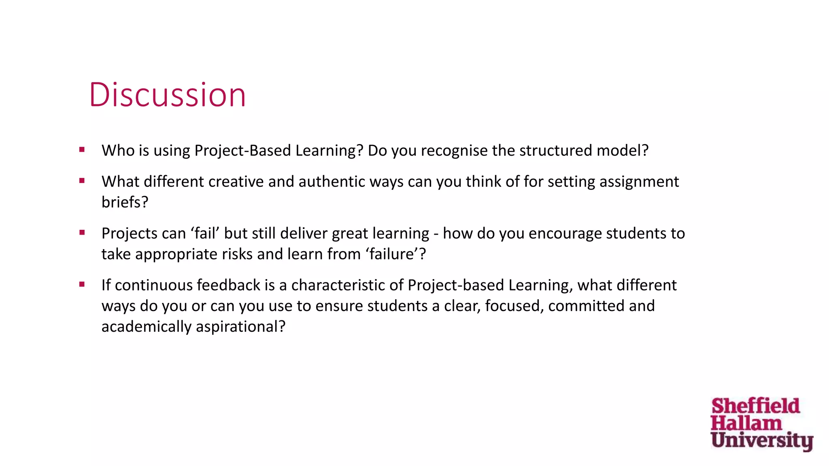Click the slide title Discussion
point(167,95)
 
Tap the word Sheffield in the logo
point(755,406)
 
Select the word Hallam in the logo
point(746,423)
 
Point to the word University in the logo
point(762,440)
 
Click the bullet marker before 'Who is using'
point(82,150)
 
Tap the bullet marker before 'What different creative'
point(82,181)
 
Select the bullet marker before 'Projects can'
point(82,233)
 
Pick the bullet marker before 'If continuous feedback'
point(82,284)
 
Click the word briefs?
point(125,202)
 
